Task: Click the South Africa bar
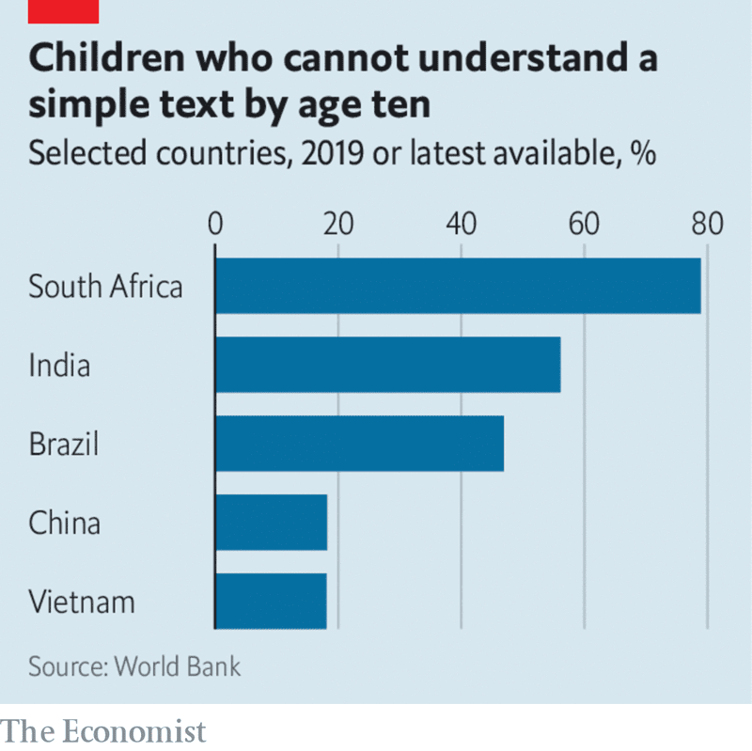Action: pyautogui.click(x=458, y=286)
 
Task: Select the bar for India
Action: pyautogui.click(x=387, y=365)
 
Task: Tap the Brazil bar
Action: pyautogui.click(x=359, y=444)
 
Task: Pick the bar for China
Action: pyautogui.click(x=271, y=523)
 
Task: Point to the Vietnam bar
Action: pyautogui.click(x=271, y=602)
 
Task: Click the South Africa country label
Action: pyautogui.click(x=105, y=286)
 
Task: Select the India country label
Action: pyautogui.click(x=59, y=365)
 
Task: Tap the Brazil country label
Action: pyautogui.click(x=63, y=444)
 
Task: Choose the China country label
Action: pyautogui.click(x=64, y=523)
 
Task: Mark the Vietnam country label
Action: pyautogui.click(x=81, y=602)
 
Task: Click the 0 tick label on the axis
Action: pyautogui.click(x=215, y=226)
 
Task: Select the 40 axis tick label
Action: pyautogui.click(x=461, y=226)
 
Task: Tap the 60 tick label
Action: pyautogui.click(x=584, y=226)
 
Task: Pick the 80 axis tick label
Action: pyautogui.click(x=706, y=226)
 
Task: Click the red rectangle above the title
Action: pyautogui.click(x=64, y=10)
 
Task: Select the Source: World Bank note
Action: pyautogui.click(x=134, y=667)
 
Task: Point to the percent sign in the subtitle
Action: pyautogui.click(x=643, y=152)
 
